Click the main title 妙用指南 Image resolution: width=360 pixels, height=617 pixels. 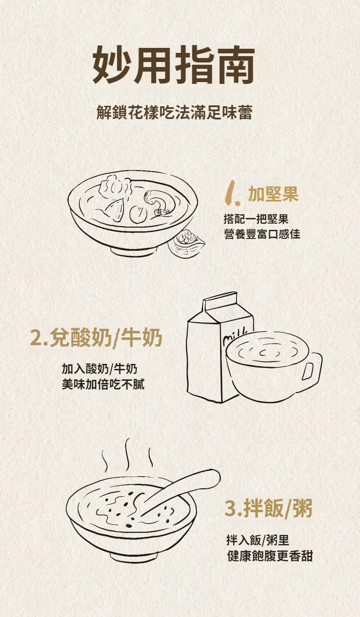coord(174,65)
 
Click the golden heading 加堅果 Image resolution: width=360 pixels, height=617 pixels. coord(273,194)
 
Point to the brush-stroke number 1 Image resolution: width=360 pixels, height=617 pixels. coord(232,193)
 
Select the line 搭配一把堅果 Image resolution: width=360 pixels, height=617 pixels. coord(256,219)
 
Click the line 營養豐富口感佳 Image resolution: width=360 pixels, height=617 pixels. coord(262,234)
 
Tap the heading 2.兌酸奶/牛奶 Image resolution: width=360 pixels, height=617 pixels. coord(96,337)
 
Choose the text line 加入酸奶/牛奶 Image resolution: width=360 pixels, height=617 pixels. coord(99,369)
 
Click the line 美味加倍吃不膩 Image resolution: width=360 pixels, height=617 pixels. coord(103,384)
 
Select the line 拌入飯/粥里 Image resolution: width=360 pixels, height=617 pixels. coord(257,540)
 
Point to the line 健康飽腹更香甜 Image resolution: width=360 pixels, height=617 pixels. coord(270,556)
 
